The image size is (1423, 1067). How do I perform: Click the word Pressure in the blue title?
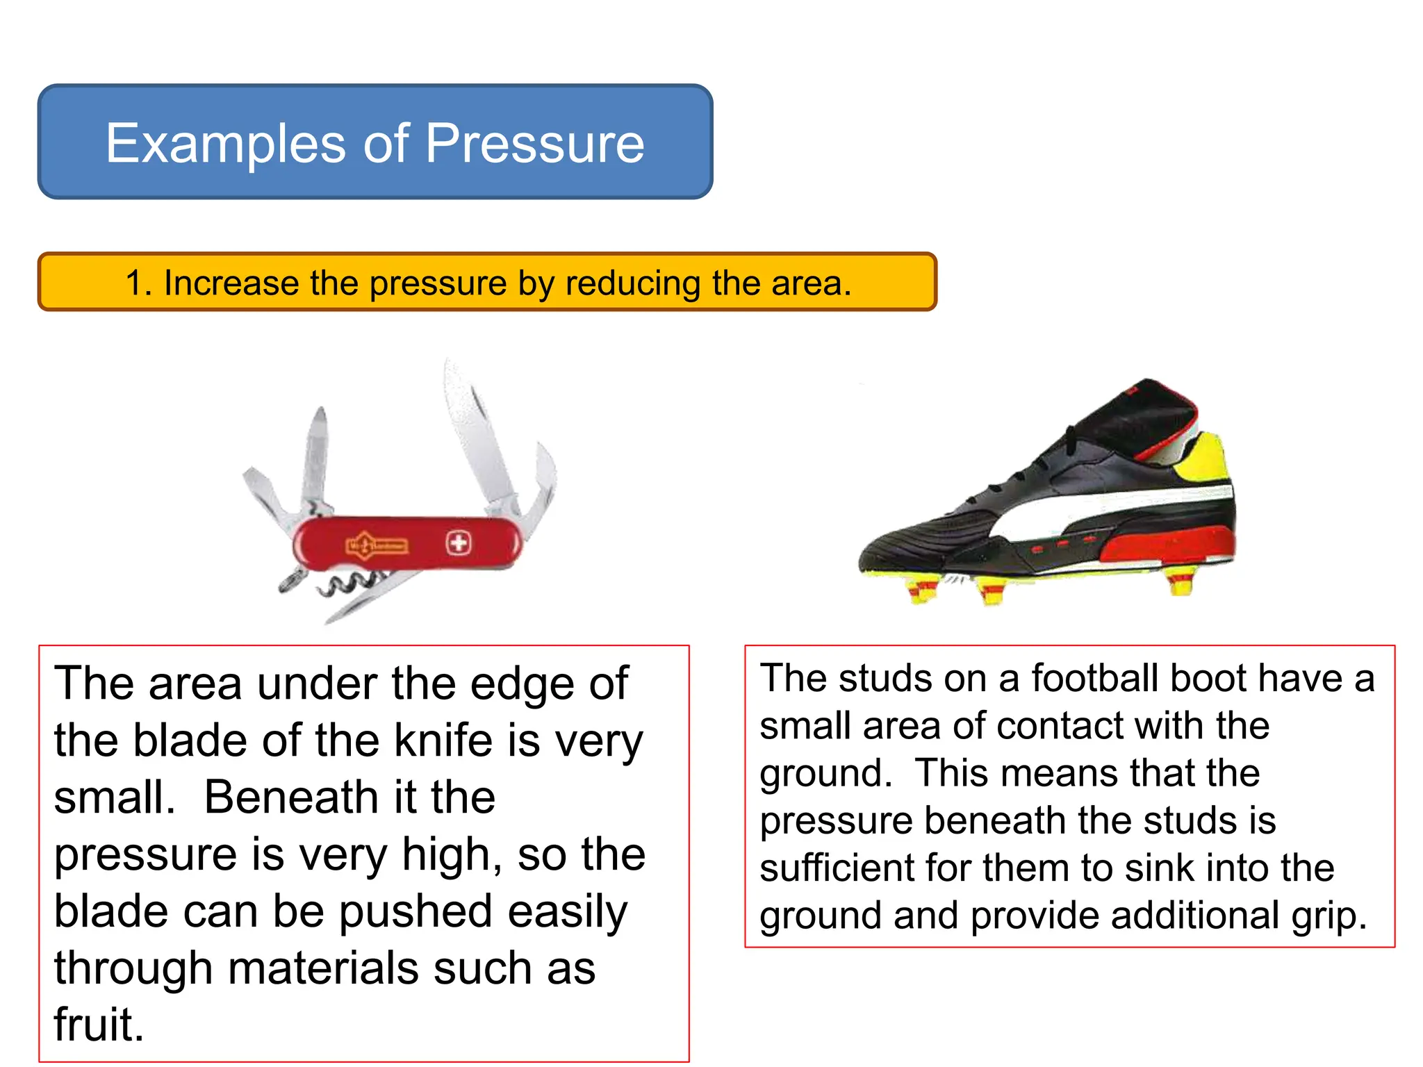coord(535,143)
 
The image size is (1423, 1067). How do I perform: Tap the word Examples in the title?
coord(225,143)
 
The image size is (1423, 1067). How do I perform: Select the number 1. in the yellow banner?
coord(138,283)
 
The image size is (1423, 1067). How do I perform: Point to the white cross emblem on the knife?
coord(458,542)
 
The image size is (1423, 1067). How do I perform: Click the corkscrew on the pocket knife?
coord(347,584)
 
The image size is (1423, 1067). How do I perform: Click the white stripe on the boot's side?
coord(1112,504)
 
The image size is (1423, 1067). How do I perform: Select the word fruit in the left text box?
coord(99,1025)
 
